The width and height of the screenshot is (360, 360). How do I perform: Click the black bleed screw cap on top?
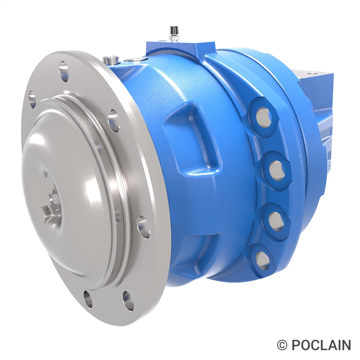click(x=172, y=30)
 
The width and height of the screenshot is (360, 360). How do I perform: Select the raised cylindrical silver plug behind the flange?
click(x=111, y=60)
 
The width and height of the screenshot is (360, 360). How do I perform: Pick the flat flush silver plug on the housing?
click(x=134, y=59)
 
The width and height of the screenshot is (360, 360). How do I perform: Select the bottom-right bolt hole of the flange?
click(x=128, y=299)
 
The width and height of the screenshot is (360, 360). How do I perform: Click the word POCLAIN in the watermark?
click(x=321, y=345)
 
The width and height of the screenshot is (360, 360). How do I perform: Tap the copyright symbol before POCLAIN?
click(x=282, y=345)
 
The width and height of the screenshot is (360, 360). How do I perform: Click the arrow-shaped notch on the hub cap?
click(x=48, y=213)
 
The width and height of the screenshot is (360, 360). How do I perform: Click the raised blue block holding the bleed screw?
click(x=180, y=48)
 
